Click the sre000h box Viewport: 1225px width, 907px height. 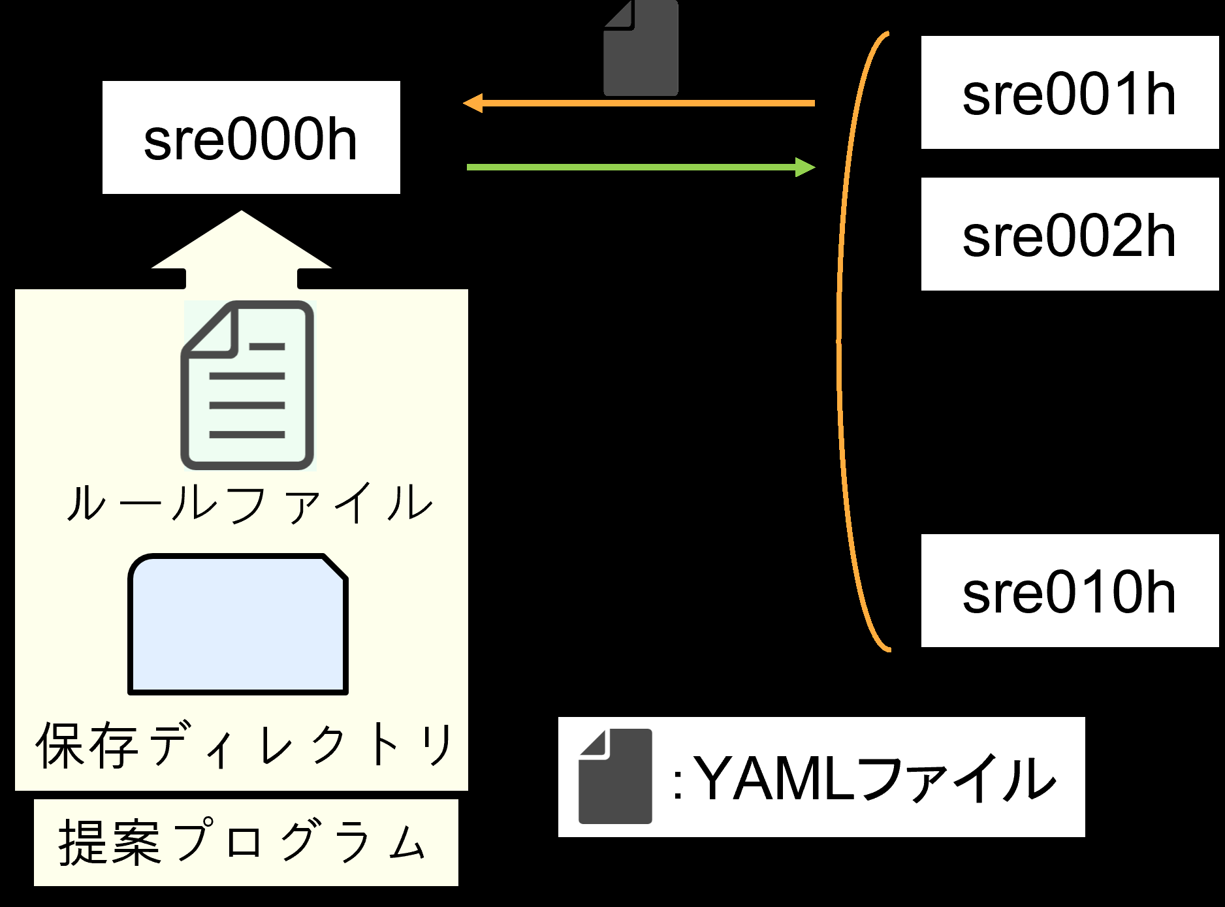[251, 137]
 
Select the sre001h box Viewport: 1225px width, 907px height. [1070, 92]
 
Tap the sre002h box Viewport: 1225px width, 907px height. [1070, 234]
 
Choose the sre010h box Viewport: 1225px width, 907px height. [1070, 590]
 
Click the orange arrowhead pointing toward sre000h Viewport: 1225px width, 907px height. [472, 103]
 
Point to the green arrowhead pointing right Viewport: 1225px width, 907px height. [806, 167]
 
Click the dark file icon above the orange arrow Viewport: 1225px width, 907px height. [641, 48]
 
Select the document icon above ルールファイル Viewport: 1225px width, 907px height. [247, 385]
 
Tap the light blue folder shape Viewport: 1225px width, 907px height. [238, 624]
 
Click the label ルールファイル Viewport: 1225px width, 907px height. [249, 503]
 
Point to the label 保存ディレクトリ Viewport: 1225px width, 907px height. [244, 744]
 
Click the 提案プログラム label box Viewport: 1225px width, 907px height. [246, 842]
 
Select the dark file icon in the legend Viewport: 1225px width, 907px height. [615, 776]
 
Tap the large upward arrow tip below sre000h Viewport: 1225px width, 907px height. [242, 211]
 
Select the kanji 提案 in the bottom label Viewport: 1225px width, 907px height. [109, 842]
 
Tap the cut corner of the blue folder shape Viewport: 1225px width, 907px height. [334, 567]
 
